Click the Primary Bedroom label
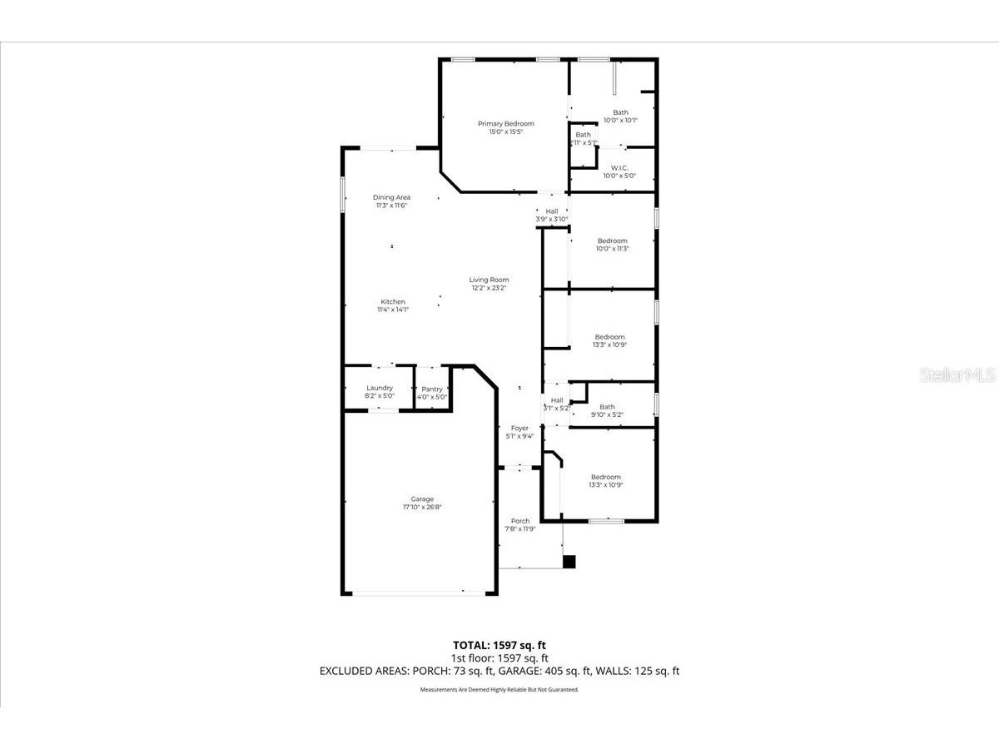505,124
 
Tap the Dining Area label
391,197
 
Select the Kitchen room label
393,301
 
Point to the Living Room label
489,280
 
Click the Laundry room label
380,388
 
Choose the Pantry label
432,389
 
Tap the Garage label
421,499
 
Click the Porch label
520,521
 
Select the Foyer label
519,428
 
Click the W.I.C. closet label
619,167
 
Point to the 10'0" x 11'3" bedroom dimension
613,249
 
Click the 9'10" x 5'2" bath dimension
607,414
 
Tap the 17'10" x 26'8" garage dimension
421,507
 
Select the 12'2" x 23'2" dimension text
489,288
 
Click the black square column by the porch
569,562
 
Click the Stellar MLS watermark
957,376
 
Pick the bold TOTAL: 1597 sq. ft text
499,644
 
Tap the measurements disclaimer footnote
499,690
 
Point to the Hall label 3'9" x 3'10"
552,211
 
